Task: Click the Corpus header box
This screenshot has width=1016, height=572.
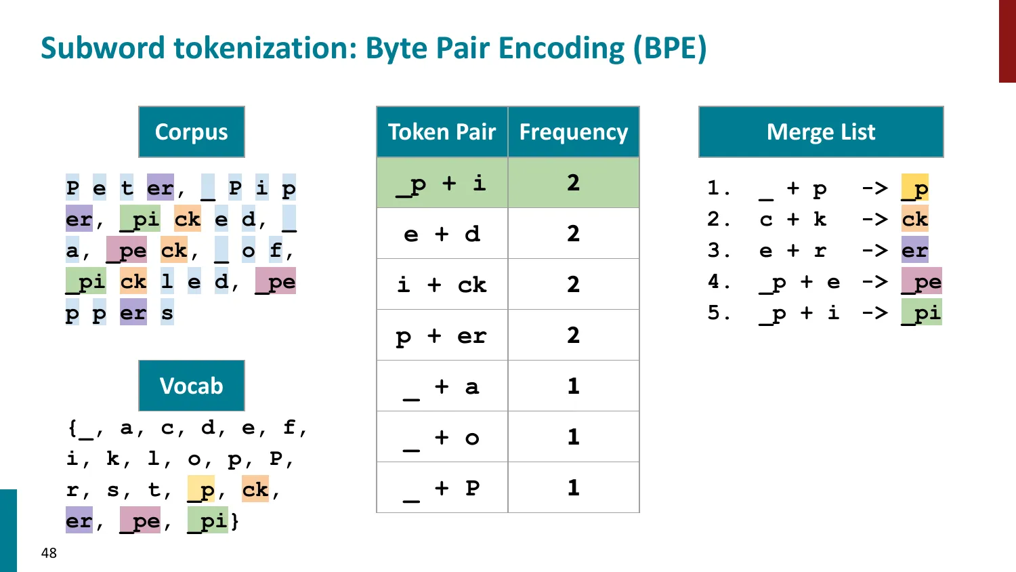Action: coord(192,131)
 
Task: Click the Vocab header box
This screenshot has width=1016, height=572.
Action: coord(192,386)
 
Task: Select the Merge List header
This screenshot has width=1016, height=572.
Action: coord(821,131)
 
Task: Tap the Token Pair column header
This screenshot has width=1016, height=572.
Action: coord(442,131)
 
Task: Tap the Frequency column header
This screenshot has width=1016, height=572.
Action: coord(574,131)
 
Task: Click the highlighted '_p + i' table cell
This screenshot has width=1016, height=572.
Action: coord(442,183)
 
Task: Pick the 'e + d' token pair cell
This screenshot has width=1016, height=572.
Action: coord(442,234)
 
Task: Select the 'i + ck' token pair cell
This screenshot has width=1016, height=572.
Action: coord(442,285)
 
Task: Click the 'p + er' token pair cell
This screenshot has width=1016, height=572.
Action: coord(442,335)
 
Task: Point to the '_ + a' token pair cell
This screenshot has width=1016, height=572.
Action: coord(442,386)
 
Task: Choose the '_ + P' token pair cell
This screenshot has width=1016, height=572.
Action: coord(442,488)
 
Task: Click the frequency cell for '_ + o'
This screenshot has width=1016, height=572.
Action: coord(574,437)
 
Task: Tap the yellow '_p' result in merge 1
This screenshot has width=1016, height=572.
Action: coord(914,188)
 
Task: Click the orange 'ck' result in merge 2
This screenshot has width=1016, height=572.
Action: coord(914,219)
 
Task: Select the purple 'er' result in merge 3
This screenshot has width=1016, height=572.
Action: coord(914,250)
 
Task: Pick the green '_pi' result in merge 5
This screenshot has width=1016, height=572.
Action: coord(921,312)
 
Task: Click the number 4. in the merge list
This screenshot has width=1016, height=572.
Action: coord(718,281)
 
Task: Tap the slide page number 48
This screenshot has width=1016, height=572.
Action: coord(49,553)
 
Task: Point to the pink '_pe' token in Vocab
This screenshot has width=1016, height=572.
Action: coord(140,520)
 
